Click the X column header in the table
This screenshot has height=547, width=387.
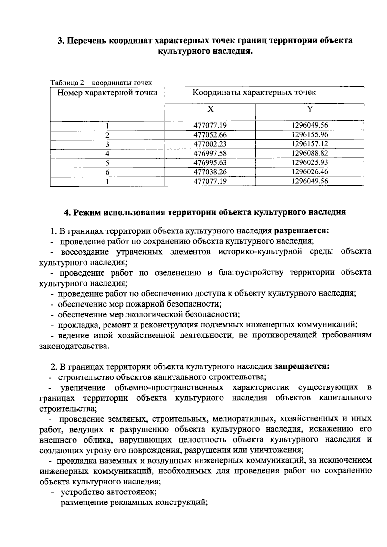(210, 109)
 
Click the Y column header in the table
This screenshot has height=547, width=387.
(310, 109)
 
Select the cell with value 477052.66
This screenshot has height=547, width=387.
(210, 135)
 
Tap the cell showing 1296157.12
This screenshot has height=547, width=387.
(310, 144)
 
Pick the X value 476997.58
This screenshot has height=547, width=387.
(210, 153)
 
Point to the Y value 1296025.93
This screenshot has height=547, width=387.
(310, 162)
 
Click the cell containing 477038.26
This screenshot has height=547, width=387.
(210, 172)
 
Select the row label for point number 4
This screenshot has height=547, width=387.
(107, 153)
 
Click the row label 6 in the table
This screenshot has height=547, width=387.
(107, 172)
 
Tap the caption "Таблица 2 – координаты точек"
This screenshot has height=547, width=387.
(101, 83)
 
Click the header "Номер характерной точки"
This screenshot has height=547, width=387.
(107, 93)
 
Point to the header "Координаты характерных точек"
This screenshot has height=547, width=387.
(254, 93)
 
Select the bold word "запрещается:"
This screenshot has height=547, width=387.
(302, 366)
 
